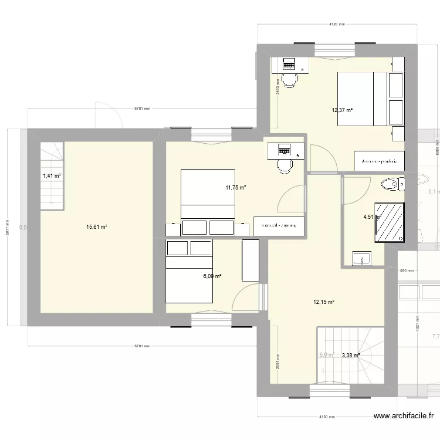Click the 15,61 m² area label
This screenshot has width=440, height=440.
(96, 226)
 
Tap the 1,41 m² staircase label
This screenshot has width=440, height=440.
(51, 175)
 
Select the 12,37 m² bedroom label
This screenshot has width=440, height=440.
(342, 109)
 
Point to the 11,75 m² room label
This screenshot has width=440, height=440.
(235, 188)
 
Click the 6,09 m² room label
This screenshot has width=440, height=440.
(211, 276)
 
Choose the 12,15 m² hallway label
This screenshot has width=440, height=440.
(323, 302)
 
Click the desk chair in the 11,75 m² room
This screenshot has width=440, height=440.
(285, 166)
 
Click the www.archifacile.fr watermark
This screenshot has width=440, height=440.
(404, 417)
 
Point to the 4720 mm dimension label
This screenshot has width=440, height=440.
(337, 25)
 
